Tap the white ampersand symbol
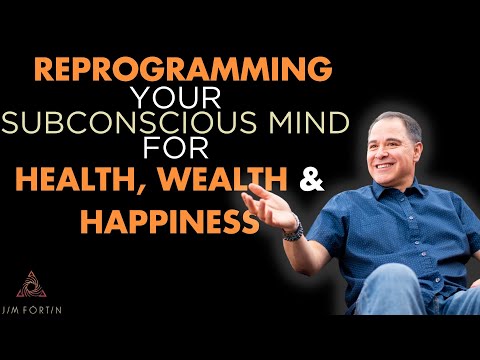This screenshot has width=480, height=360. (x=285, y=179)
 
